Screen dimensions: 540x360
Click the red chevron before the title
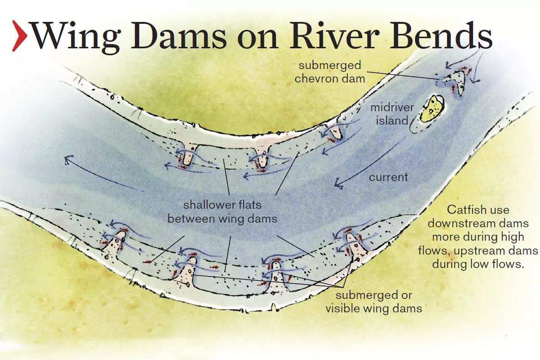19,36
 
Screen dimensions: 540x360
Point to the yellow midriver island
432,108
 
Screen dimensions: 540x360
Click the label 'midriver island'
392,114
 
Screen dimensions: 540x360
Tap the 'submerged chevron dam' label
330,72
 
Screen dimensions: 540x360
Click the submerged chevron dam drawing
453,81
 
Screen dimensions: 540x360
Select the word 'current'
388,177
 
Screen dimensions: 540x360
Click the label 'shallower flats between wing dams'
222,212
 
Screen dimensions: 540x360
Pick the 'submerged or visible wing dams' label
373,302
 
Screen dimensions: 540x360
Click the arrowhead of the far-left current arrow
69,160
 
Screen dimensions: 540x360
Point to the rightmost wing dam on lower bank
355,246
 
